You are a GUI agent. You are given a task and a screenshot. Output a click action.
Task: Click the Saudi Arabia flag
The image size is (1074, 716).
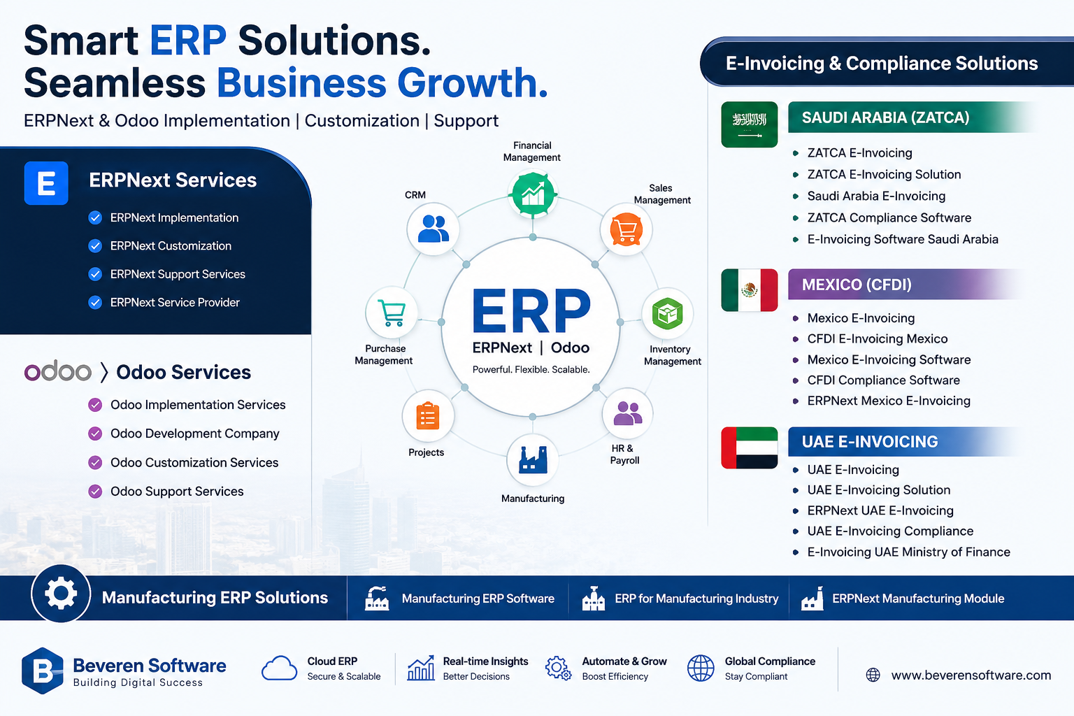(750, 124)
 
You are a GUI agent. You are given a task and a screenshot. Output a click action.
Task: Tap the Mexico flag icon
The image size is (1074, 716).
(750, 290)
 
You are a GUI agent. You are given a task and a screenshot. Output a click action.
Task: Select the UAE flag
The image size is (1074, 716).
(750, 447)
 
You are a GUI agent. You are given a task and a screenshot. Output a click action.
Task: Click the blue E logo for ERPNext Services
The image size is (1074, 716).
(46, 183)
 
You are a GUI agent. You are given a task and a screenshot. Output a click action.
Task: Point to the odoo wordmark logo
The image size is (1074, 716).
(57, 371)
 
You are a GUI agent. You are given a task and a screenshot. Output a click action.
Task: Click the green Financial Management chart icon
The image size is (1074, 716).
(533, 194)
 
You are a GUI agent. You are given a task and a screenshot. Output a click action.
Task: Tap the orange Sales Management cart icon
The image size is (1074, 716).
(626, 230)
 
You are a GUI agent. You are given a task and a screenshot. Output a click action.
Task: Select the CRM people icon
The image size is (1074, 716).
(433, 229)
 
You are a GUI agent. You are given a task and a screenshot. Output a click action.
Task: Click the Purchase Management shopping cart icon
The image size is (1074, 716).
(392, 313)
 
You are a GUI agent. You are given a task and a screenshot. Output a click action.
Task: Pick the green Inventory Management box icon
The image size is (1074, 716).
(668, 314)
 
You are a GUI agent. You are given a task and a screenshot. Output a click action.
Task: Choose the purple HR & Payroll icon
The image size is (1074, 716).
(627, 413)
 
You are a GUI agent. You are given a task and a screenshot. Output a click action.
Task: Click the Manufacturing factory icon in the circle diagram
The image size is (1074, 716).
(533, 460)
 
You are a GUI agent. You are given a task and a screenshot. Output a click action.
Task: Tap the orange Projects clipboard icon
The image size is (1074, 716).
(428, 415)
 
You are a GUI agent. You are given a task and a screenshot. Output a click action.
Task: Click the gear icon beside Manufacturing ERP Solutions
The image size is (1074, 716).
(61, 594)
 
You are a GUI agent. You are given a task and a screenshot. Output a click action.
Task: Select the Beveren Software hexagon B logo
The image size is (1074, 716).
(42, 671)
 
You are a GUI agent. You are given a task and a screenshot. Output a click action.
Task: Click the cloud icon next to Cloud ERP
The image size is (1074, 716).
(279, 668)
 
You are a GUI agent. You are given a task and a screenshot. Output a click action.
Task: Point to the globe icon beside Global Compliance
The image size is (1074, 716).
(701, 668)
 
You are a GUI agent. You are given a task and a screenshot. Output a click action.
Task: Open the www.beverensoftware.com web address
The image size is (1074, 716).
(971, 675)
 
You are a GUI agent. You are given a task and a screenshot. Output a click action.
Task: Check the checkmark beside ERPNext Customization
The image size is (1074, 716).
(95, 246)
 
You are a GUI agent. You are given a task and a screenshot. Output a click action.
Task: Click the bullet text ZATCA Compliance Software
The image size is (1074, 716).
(889, 217)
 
